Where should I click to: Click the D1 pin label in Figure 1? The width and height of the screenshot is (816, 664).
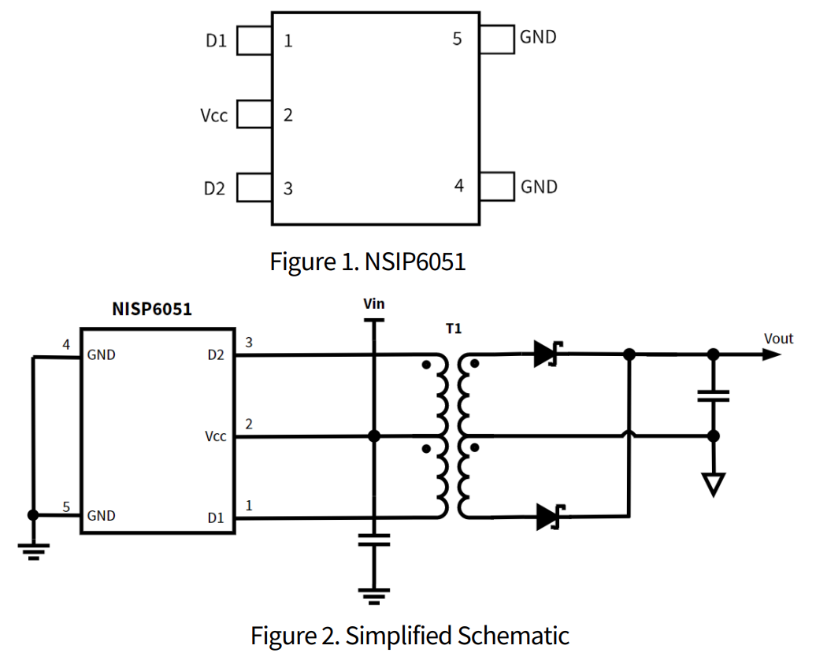click(216, 41)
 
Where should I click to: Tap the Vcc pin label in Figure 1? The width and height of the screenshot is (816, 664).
click(213, 116)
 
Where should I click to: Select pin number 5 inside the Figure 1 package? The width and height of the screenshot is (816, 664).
click(458, 38)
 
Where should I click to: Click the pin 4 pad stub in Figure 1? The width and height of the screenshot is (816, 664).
click(497, 187)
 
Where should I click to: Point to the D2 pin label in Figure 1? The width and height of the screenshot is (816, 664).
click(214, 189)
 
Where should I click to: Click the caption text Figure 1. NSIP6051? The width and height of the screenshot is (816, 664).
click(368, 262)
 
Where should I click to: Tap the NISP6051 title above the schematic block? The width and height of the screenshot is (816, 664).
click(152, 309)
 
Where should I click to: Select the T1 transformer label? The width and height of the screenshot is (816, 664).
click(453, 328)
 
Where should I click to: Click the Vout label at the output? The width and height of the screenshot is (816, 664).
click(778, 339)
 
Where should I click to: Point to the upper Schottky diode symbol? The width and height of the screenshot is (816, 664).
click(545, 354)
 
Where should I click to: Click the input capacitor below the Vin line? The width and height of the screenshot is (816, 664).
click(374, 540)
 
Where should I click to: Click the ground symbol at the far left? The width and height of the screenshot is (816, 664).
click(32, 550)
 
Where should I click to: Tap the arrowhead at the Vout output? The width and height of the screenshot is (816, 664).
click(771, 354)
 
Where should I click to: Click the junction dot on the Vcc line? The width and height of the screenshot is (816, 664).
click(374, 436)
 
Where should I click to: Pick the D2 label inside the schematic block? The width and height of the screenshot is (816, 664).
click(216, 355)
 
